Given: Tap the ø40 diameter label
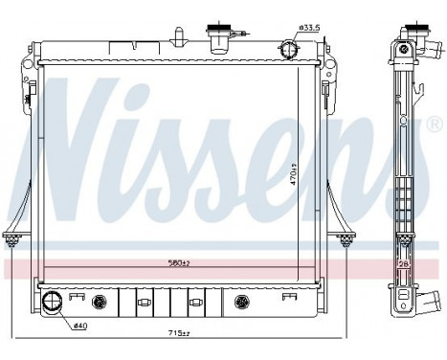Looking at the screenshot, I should pos(82,326).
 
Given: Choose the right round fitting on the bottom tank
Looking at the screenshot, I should pos(241,303).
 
